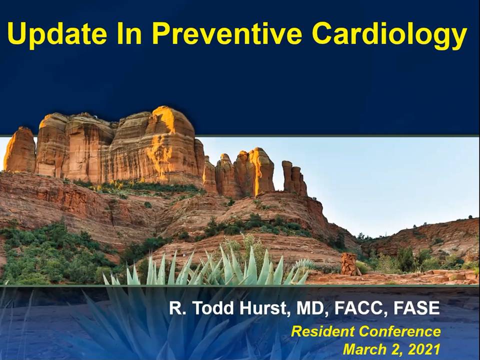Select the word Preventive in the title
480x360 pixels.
coord(227,33)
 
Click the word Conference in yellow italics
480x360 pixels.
coord(400,331)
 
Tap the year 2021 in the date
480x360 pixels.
coord(424,349)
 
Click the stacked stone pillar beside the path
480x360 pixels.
coord(349,263)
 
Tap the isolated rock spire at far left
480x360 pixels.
coord(19,150)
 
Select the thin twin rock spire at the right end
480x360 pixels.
coord(294,178)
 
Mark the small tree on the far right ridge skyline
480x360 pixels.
coord(470,217)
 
